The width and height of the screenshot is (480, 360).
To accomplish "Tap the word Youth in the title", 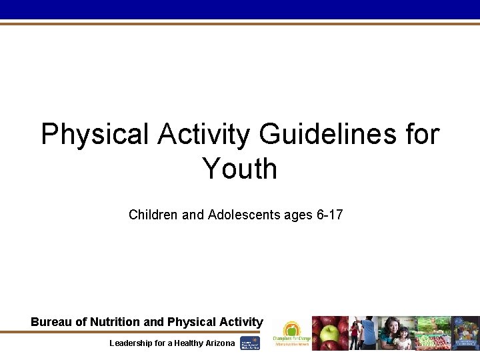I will (x=239, y=168).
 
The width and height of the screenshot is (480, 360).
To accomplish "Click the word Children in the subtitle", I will (x=151, y=215).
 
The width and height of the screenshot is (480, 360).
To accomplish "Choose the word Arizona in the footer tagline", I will (x=217, y=343).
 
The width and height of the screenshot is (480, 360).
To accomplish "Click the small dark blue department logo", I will (x=250, y=343).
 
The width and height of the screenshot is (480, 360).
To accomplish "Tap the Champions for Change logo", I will (x=291, y=333).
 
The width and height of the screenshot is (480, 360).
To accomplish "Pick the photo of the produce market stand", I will (x=433, y=333).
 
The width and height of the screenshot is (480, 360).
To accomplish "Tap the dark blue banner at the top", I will (x=240, y=9).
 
